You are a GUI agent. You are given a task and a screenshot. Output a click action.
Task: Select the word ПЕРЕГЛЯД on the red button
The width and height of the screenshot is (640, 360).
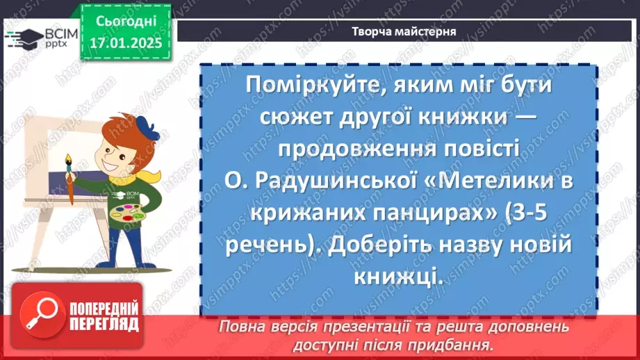(104, 324)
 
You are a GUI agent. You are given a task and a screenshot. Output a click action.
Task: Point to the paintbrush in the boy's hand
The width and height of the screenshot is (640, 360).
(70, 182)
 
